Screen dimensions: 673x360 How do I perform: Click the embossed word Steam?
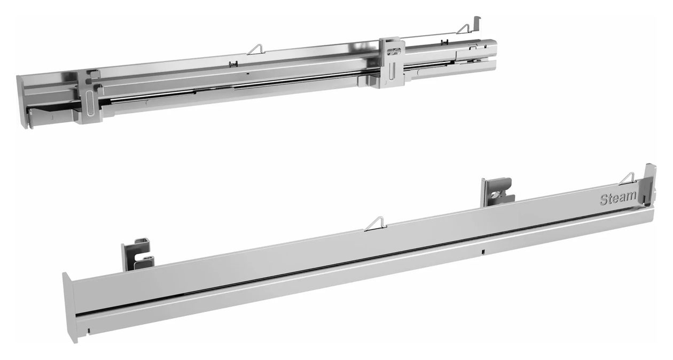point(617,198)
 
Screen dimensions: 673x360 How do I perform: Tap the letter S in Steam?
point(604,200)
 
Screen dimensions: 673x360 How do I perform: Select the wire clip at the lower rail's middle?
point(375,224)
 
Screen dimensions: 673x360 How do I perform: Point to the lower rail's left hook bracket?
point(138,255)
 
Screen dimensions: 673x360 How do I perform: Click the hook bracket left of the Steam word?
point(497,192)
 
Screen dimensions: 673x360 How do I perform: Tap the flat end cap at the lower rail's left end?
point(69,307)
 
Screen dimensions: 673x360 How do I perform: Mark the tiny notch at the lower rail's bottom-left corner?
point(89,331)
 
